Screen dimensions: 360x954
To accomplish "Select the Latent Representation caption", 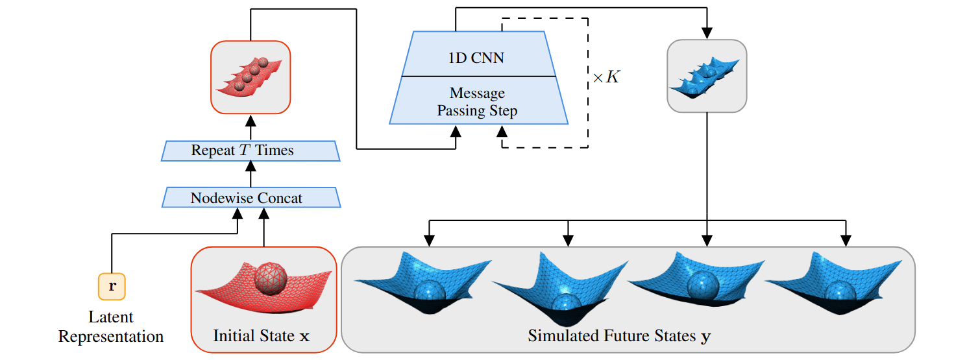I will pyautogui.click(x=111, y=327).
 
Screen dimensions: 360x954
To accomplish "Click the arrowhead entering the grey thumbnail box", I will pyautogui.click(x=707, y=33).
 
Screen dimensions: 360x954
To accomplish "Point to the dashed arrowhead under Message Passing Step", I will pyautogui.click(x=502, y=130).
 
